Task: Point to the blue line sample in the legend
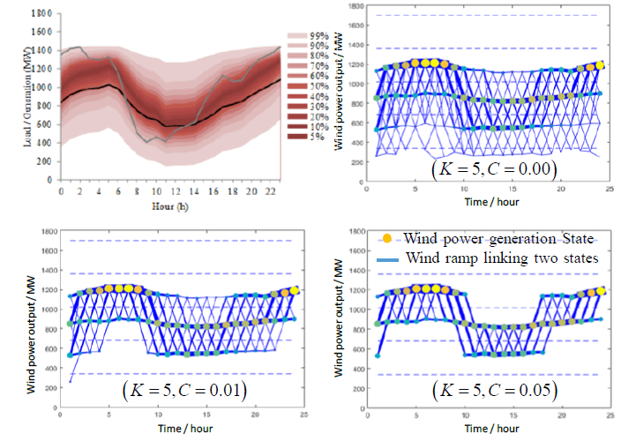389,260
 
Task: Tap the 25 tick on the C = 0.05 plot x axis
613,416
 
